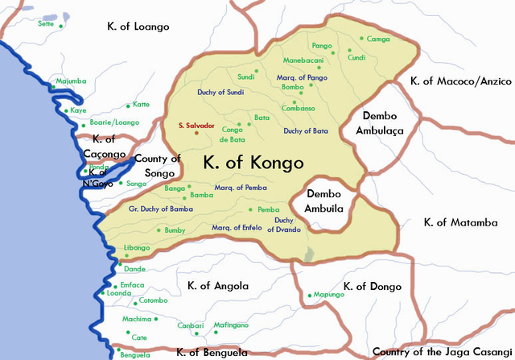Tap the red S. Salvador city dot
pyautogui.click(x=196, y=134)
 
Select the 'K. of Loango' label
pyautogui.click(x=138, y=27)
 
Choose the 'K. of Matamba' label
pyautogui.click(x=461, y=222)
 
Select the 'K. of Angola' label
pyautogui.click(x=218, y=286)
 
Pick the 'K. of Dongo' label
pyautogui.click(x=371, y=286)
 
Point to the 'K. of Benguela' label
pyautogui.click(x=212, y=352)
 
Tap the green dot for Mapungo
pyautogui.click(x=309, y=296)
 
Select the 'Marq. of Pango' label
pyautogui.click(x=303, y=77)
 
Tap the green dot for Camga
pyautogui.click(x=362, y=38)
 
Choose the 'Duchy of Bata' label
pyautogui.click(x=306, y=130)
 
